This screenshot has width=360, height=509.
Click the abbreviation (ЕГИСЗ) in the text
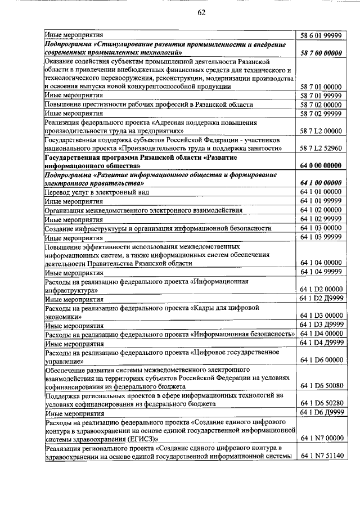pyautogui.click(x=137, y=439)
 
